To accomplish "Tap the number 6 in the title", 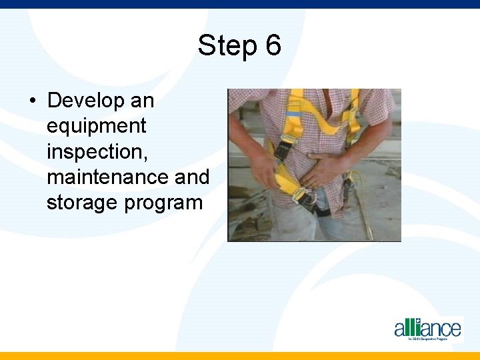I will tap(273, 47).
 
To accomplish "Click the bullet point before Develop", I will tap(31, 101).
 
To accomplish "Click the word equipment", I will tap(96, 126).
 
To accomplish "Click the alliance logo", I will tap(427, 329).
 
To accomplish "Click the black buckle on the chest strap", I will tap(282, 151).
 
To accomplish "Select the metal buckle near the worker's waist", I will tap(307, 199).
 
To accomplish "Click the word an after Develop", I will tap(142, 101).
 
